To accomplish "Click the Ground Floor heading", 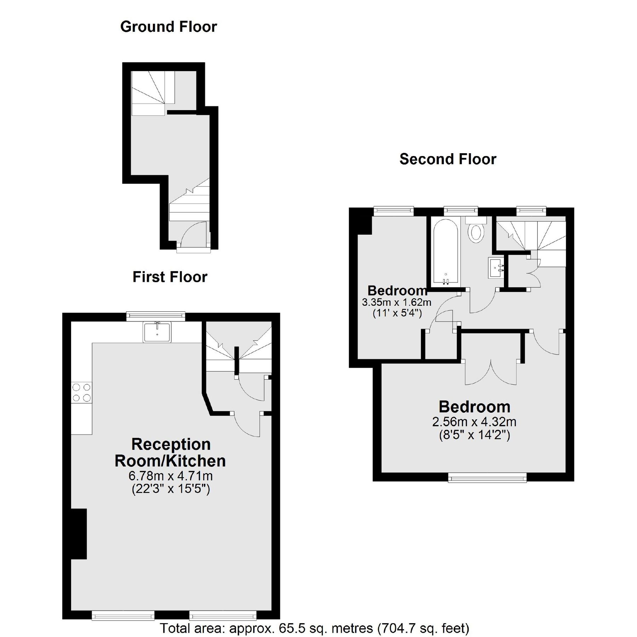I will [168, 27].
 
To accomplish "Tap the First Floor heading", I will [170, 277].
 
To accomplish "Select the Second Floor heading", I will [448, 159].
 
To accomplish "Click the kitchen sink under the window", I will [157, 332].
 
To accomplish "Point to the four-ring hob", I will [81, 392].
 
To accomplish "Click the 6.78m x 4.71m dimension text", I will [171, 476].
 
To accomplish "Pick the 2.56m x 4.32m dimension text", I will [474, 422].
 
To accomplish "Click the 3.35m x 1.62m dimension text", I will [396, 302].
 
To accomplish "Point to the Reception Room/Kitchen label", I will [170, 453].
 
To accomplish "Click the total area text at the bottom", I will [315, 628].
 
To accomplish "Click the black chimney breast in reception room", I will [79, 534].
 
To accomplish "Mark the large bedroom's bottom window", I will [487, 479].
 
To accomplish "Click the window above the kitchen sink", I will [156, 316].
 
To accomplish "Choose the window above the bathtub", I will [461, 211].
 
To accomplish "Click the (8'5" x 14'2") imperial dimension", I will [474, 435].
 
